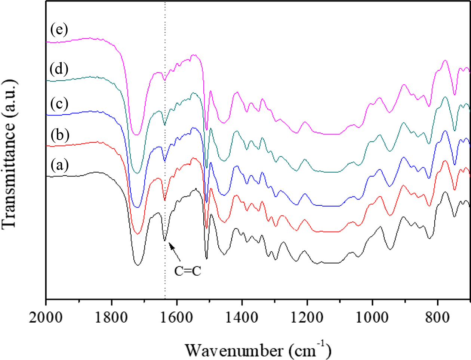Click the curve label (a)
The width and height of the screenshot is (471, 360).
(59, 165)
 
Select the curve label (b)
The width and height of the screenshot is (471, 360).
(59, 135)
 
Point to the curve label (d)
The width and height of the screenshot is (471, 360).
(59, 69)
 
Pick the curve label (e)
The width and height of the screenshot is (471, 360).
(59, 30)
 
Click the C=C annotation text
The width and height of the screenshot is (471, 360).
(188, 271)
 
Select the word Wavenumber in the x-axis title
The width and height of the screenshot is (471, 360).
(234, 350)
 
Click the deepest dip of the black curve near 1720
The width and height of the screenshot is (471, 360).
(138, 265)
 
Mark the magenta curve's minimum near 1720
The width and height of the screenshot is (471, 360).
(137, 134)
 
